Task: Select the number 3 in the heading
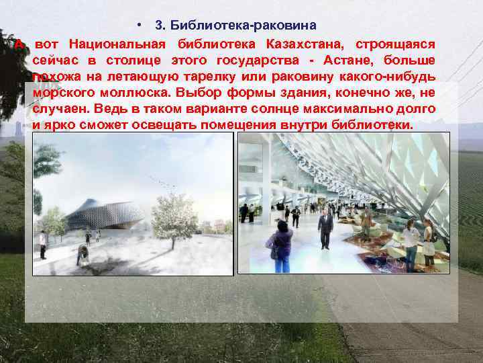pos(158,26)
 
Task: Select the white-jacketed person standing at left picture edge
pos(43,244)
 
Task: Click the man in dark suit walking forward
pos(325,227)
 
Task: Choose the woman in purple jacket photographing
pos(282,245)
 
